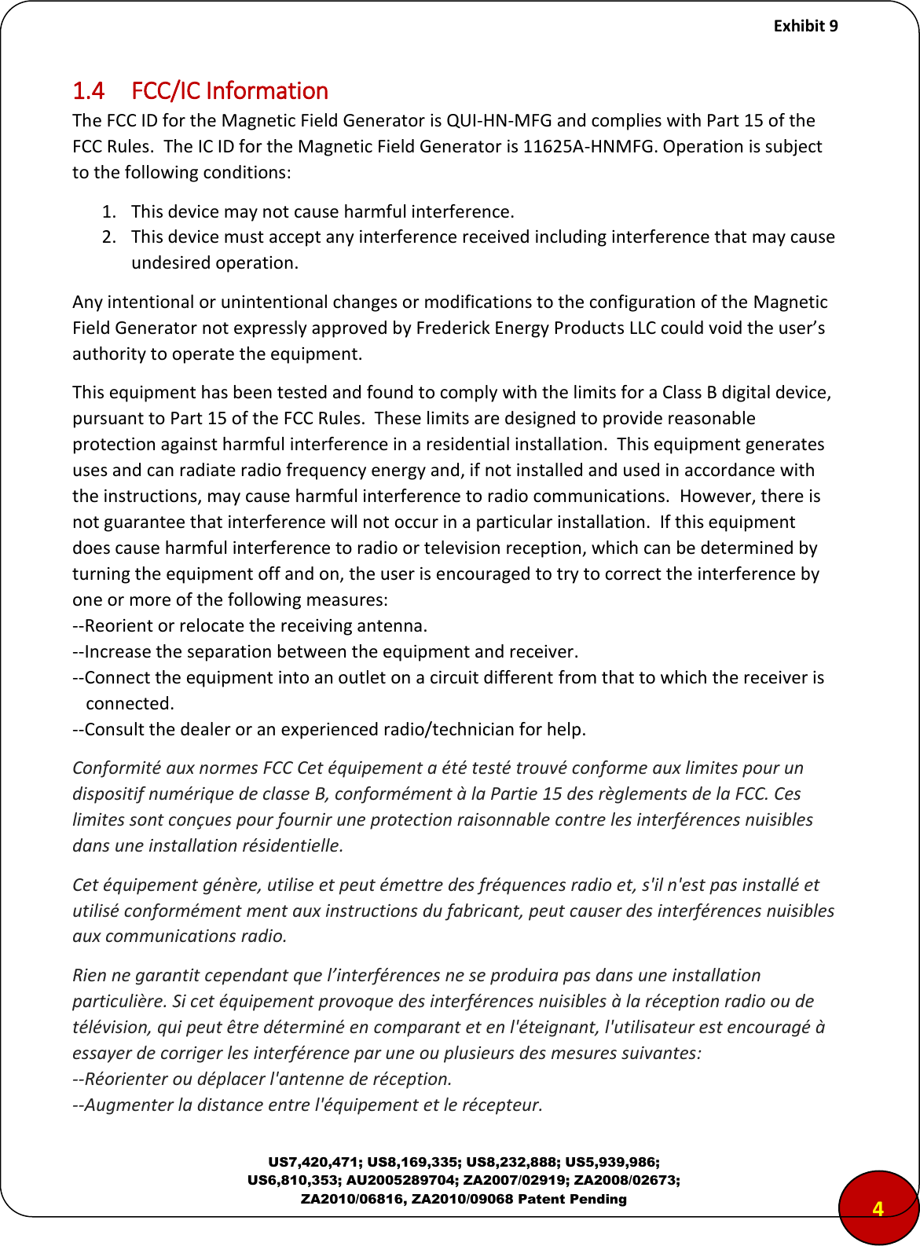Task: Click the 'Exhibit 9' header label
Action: [805, 26]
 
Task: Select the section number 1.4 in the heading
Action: [88, 91]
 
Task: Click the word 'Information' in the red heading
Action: [266, 91]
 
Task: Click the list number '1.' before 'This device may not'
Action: [110, 211]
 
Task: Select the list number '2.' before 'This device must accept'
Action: [110, 236]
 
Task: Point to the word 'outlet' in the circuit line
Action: [361, 677]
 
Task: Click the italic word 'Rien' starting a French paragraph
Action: [90, 975]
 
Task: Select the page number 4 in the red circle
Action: [878, 1208]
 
